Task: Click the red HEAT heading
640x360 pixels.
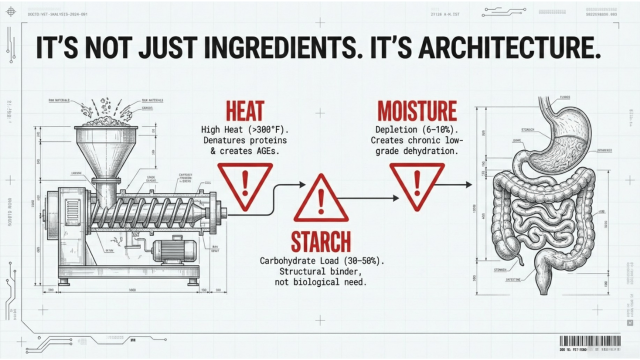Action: [x=245, y=111]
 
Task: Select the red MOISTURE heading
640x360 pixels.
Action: [x=417, y=111]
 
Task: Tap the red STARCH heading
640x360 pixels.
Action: [x=321, y=241]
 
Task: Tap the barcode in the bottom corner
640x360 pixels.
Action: [x=590, y=341]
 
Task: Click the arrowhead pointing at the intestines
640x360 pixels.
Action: [x=468, y=185]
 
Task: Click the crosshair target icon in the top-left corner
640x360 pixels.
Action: [x=11, y=11]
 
